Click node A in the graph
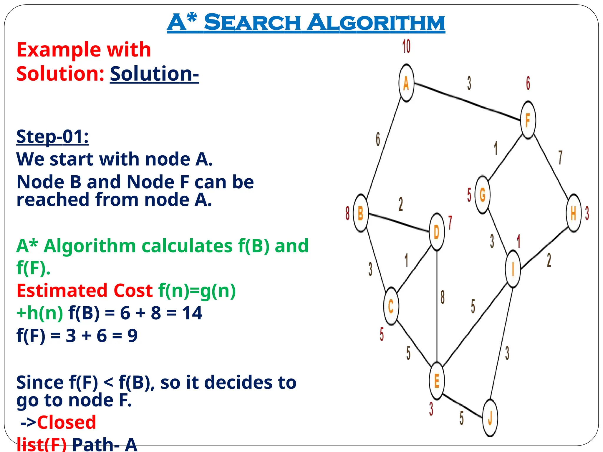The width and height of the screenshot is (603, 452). (406, 83)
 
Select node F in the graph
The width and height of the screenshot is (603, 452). (528, 120)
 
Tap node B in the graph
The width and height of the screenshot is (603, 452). (361, 213)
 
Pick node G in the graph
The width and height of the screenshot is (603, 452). (483, 195)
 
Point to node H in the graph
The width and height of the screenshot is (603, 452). (574, 213)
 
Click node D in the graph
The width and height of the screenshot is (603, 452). (437, 232)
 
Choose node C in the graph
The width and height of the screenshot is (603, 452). (391, 307)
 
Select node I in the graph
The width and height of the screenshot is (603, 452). (513, 269)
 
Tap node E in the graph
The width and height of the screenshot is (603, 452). (437, 381)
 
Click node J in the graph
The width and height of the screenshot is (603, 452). (490, 418)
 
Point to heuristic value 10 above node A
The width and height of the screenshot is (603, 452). (406, 46)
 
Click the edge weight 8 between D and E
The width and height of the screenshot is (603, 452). (443, 297)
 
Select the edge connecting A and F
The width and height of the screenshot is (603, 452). (467, 102)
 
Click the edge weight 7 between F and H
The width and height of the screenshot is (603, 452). (560, 158)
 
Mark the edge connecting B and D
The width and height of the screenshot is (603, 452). (399, 223)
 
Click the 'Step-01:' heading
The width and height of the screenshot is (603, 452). (52, 137)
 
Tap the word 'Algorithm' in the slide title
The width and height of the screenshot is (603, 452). (376, 23)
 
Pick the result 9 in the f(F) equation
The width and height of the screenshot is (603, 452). (132, 335)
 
